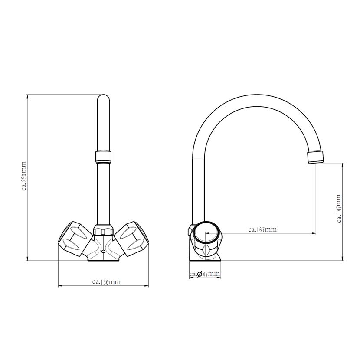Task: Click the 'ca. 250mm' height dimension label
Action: (x=24, y=176)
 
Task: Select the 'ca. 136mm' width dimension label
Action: (x=106, y=281)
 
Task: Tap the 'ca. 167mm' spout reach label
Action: (x=262, y=229)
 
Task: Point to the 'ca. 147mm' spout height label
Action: (x=339, y=209)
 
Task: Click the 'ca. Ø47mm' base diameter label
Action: (x=205, y=274)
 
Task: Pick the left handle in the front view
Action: (x=75, y=239)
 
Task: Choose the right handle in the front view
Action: (x=131, y=239)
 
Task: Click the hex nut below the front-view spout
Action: (x=103, y=230)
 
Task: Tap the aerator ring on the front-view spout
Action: (x=103, y=157)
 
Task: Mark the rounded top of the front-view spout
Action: (x=103, y=98)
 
